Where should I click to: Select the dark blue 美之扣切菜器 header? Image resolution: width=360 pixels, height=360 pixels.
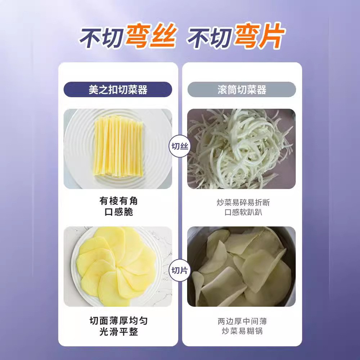(x=118, y=90)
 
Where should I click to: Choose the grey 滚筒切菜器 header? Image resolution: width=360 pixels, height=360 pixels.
(x=242, y=90)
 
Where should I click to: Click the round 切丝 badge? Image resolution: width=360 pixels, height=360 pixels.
(x=180, y=147)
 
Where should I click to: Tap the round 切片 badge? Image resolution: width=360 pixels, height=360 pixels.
(x=180, y=270)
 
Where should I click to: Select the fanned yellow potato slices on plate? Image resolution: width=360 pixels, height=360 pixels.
(x=117, y=266)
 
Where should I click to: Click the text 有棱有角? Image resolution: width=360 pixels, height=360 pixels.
(x=118, y=201)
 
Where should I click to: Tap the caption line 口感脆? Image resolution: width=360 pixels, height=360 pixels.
(x=118, y=212)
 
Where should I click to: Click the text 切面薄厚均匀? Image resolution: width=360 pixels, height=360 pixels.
(x=118, y=320)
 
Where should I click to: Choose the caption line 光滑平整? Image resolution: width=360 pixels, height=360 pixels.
(x=118, y=332)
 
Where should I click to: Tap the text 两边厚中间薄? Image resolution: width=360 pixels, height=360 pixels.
(x=242, y=321)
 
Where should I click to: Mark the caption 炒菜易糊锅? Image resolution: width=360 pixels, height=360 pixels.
(x=242, y=331)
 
